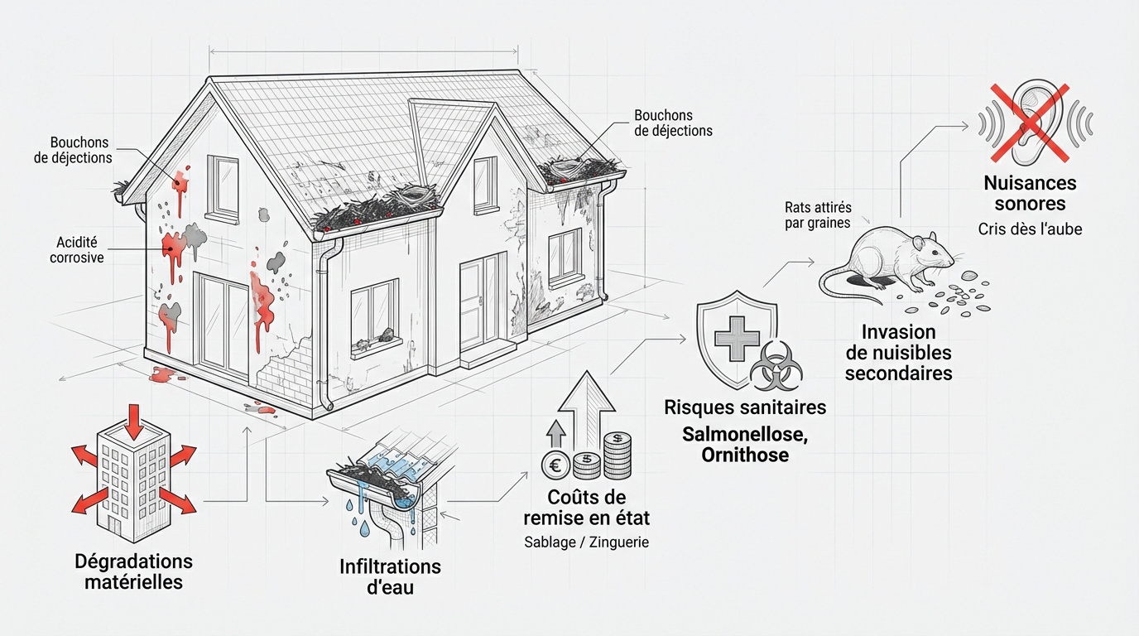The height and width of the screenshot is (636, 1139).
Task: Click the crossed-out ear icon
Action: click(1036, 122)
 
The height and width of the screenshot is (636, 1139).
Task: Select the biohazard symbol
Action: click(776, 366)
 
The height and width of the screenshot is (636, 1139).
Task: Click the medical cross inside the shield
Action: click(737, 338)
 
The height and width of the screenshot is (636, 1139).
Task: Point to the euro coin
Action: click(555, 465)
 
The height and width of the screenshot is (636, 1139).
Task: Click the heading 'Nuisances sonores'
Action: click(1031, 193)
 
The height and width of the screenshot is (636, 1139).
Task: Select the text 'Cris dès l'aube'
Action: click(1031, 229)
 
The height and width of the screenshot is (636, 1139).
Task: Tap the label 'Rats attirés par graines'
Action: click(818, 215)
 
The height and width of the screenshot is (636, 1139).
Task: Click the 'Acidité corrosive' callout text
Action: click(77, 250)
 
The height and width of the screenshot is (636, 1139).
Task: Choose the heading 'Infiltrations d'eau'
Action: click(390, 577)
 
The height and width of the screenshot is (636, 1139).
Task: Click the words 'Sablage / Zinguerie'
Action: click(586, 542)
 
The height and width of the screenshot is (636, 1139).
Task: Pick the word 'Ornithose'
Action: click(745, 455)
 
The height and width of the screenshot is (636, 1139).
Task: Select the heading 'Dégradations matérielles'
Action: click(134, 572)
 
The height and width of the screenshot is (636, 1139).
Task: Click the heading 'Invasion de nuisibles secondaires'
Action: click(898, 353)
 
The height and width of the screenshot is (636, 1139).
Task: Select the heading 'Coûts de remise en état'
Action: click(586, 508)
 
